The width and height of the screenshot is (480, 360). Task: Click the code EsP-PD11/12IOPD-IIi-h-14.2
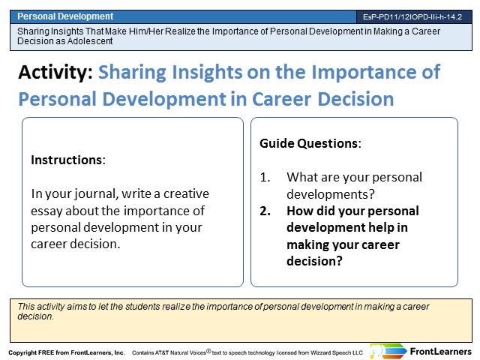pyautogui.click(x=412, y=16)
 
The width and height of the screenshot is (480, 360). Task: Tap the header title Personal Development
pyautogui.click(x=65, y=16)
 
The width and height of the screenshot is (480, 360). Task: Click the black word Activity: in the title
pyautogui.click(x=55, y=72)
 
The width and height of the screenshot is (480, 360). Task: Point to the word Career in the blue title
pyautogui.click(x=282, y=99)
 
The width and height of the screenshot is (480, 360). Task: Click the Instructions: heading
pyautogui.click(x=68, y=160)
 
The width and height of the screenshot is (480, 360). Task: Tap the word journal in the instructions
pyautogui.click(x=96, y=194)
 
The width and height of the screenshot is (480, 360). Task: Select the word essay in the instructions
pyautogui.click(x=46, y=211)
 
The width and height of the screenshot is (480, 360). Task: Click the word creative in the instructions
pyautogui.click(x=186, y=193)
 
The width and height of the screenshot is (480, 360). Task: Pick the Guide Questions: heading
pyautogui.click(x=310, y=143)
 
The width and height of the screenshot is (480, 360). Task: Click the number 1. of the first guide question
pyautogui.click(x=265, y=178)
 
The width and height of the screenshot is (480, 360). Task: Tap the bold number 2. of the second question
pyautogui.click(x=265, y=211)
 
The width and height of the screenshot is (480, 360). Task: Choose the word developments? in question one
pyautogui.click(x=331, y=194)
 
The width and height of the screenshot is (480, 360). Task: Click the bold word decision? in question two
pyautogui.click(x=314, y=261)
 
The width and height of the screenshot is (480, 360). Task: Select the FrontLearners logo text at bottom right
pyautogui.click(x=440, y=352)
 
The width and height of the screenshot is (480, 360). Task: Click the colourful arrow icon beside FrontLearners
pyautogui.click(x=388, y=351)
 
